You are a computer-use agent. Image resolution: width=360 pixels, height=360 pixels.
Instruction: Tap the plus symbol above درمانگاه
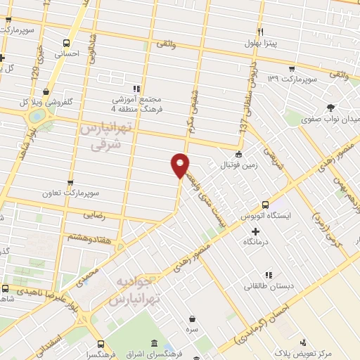pyautogui.click(x=255, y=230)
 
